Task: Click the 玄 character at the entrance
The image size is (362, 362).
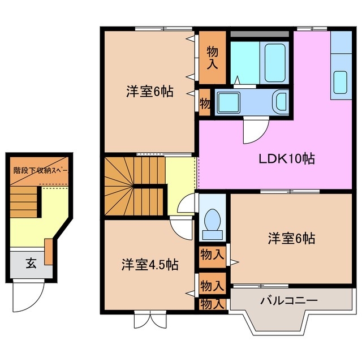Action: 30,263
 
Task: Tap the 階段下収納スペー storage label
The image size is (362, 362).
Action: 40,169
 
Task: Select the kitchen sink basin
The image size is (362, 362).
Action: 341,81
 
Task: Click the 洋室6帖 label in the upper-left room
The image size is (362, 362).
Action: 150,90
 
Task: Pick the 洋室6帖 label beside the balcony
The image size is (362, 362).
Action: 291,238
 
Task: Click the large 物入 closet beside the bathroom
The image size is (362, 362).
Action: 212,56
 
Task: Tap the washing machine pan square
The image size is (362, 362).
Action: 230,102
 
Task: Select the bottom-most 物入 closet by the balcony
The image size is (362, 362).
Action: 212,304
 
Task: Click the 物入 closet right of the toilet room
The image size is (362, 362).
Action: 212,255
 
